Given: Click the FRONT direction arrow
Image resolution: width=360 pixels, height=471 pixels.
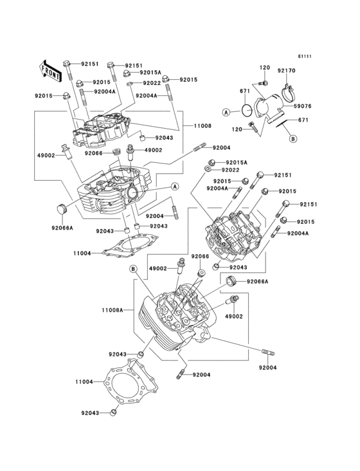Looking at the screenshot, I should coord(51,69).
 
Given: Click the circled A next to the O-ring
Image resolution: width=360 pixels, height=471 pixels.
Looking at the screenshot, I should coord(226,112).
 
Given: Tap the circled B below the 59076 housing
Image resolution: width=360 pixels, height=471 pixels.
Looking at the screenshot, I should coord(292,138).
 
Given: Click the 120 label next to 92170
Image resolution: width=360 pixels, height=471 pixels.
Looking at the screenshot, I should coord(264,68).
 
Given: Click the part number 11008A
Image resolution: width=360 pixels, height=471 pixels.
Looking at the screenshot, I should coord(113,310).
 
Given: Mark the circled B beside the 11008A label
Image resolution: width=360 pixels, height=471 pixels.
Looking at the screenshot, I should coord(134,268).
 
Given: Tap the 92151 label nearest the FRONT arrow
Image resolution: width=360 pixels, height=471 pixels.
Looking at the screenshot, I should coord(89,64).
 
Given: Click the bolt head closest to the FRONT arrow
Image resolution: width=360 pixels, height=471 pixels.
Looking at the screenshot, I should coord(67,64).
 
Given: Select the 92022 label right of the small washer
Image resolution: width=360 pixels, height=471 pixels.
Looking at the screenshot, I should coord(231,170).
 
